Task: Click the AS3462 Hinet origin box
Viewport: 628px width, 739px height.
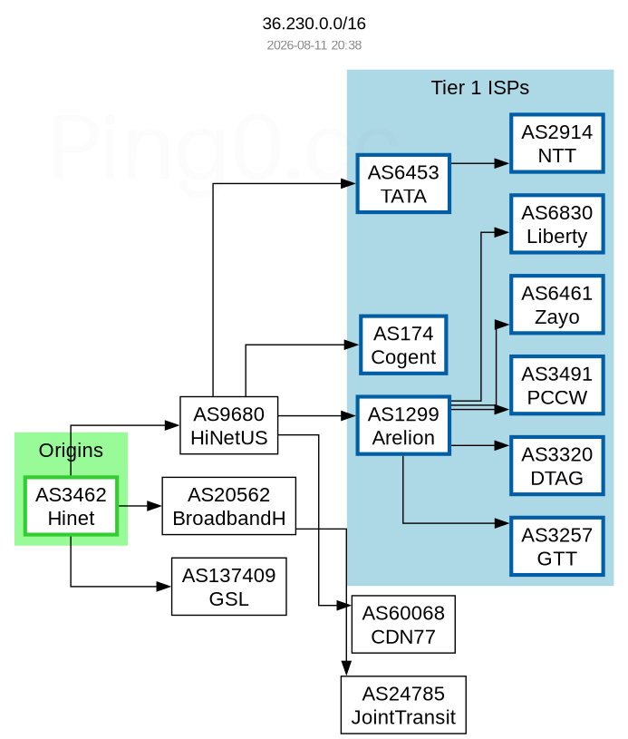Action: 71,506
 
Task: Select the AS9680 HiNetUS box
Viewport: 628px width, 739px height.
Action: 229,425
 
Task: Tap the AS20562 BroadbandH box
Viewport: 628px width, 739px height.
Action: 229,506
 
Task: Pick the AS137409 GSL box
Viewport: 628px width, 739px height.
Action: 229,587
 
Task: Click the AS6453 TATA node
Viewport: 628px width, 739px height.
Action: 403,184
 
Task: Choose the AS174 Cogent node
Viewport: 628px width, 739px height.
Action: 403,345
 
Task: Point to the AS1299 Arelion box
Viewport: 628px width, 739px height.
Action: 403,425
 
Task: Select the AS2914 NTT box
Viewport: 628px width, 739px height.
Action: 556,143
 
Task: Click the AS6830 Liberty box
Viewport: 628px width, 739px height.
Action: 556,224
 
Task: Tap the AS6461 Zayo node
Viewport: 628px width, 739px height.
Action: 556,305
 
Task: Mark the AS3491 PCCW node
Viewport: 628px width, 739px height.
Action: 556,385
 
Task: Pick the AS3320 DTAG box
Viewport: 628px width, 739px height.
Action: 556,466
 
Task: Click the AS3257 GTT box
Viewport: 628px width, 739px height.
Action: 556,546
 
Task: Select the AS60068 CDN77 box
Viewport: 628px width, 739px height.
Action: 403,625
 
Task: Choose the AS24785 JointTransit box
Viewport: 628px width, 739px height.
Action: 403,705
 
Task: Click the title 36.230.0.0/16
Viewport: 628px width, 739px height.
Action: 314,23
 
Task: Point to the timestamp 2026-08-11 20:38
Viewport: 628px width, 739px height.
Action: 314,45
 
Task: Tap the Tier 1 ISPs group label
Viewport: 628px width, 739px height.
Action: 480,88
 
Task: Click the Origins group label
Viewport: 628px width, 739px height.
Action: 71,451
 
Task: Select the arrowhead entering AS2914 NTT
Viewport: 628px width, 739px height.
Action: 502,163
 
